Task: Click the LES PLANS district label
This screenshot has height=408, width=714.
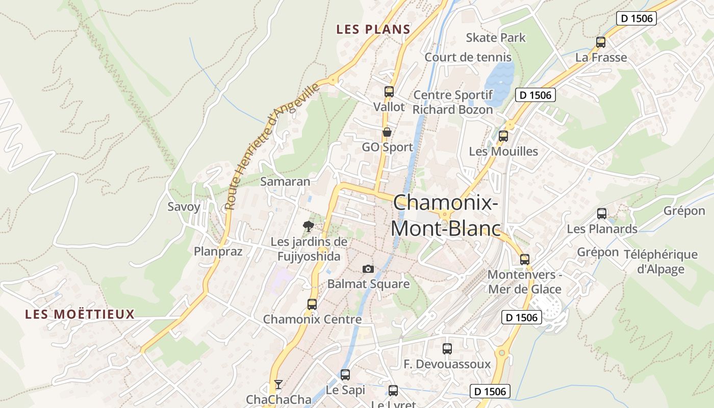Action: [x=373, y=30]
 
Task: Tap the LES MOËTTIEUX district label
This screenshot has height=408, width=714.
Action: [x=80, y=314]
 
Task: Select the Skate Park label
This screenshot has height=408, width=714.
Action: [x=496, y=38]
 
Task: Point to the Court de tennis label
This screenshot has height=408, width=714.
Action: [x=468, y=57]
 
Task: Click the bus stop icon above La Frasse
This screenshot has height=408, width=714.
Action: [x=601, y=42]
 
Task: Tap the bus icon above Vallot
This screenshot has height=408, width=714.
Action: [x=389, y=92]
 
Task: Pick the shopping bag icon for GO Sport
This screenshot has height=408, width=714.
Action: [x=387, y=133]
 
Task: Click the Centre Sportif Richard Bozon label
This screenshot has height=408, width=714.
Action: [x=453, y=102]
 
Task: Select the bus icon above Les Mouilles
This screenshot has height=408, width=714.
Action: [x=503, y=136]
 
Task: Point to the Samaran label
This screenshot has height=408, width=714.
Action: [x=285, y=182]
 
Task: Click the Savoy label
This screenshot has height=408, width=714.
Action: [x=184, y=207]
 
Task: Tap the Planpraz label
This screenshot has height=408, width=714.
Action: [x=218, y=251]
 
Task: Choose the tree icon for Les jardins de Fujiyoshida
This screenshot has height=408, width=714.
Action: [x=308, y=226]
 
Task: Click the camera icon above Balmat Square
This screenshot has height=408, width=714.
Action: [x=368, y=269]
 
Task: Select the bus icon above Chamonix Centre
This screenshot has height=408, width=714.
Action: [x=312, y=304]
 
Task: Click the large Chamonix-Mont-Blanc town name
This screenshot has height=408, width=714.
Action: [x=445, y=215]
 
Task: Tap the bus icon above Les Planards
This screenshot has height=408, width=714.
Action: [x=602, y=214]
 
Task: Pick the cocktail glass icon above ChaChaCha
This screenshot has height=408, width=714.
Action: [x=278, y=384]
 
